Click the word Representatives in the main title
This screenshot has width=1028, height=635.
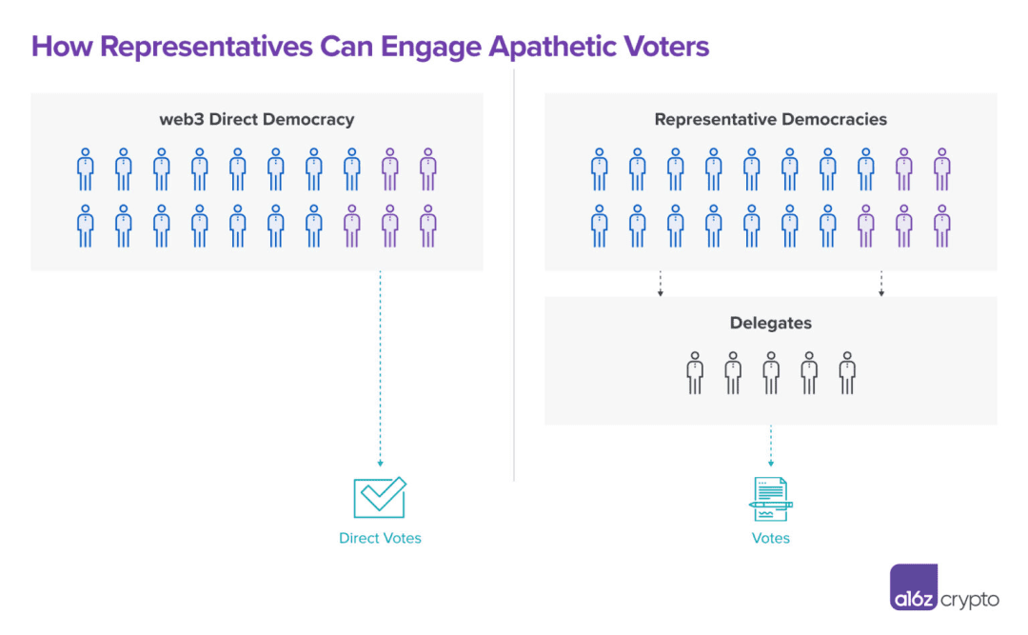(x=182, y=47)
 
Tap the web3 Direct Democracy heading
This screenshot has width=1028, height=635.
(x=257, y=120)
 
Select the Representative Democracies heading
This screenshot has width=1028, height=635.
(x=771, y=120)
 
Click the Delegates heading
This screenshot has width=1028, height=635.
(x=771, y=324)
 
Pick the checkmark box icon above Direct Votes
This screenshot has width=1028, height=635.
(x=380, y=497)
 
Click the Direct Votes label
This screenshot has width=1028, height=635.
(x=380, y=538)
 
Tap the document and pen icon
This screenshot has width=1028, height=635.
(x=770, y=499)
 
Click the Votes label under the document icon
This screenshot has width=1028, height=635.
(x=771, y=538)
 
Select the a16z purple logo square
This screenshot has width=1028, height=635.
(x=914, y=588)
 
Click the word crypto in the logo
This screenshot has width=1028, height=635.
(x=970, y=600)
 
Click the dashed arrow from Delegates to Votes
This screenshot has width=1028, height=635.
(x=771, y=444)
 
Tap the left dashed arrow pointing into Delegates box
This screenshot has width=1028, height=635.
(x=660, y=284)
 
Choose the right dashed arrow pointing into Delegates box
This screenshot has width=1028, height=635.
(x=881, y=284)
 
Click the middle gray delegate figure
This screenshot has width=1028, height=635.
(x=771, y=373)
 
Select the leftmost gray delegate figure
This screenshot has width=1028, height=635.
(x=695, y=373)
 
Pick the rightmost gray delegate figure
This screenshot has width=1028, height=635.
(x=847, y=373)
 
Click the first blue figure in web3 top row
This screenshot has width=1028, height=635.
(x=86, y=169)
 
